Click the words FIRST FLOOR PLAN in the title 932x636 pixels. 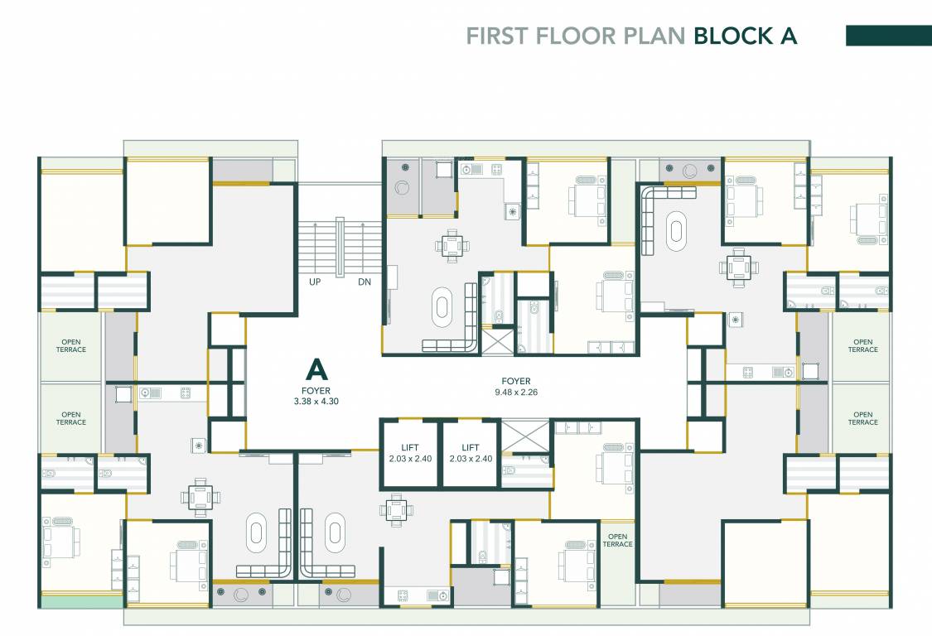click(x=575, y=36)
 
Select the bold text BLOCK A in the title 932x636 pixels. click(x=745, y=36)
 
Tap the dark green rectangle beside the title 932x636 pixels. click(x=888, y=36)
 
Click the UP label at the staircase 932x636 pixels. click(x=314, y=282)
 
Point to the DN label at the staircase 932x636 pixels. click(x=365, y=282)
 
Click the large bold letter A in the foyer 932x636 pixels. click(x=316, y=369)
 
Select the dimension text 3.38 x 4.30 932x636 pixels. click(x=316, y=401)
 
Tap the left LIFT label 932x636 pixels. click(x=409, y=447)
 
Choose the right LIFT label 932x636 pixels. click(x=471, y=447)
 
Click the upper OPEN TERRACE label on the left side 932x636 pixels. click(x=71, y=346)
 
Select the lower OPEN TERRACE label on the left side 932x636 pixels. click(x=71, y=418)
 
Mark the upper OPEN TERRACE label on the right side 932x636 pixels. click(x=862, y=346)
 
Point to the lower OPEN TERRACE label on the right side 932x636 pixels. click(x=862, y=418)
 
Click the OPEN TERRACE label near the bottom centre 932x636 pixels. click(x=617, y=540)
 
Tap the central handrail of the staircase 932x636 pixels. click(x=340, y=246)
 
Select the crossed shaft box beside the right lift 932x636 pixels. click(x=525, y=437)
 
